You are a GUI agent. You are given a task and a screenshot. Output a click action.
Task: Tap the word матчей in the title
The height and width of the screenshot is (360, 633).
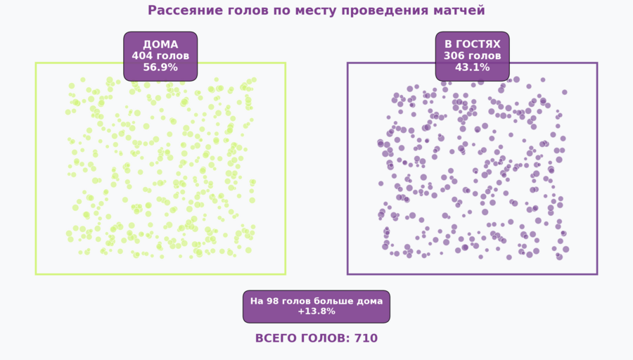click(460, 11)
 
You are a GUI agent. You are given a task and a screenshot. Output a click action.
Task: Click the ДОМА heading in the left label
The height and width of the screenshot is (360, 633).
click(160, 44)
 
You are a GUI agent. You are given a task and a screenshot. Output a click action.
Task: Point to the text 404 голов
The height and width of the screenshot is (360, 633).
click(160, 56)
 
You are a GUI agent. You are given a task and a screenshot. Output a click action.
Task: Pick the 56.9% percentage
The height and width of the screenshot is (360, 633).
click(160, 68)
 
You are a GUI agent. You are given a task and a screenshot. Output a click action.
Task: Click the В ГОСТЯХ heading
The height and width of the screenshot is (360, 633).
click(472, 44)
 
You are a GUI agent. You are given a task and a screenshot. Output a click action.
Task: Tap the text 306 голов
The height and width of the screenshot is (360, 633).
click(472, 56)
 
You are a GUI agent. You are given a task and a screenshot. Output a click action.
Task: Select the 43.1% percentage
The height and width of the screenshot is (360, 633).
click(472, 68)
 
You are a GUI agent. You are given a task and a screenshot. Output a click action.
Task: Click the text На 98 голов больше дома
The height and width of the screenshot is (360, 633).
click(316, 301)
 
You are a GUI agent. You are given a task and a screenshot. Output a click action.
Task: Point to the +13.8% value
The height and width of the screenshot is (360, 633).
click(316, 311)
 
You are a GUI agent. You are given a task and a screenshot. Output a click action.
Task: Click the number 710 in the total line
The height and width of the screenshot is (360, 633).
click(366, 338)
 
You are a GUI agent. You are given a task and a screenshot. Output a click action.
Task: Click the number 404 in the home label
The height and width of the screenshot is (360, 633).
click(142, 56)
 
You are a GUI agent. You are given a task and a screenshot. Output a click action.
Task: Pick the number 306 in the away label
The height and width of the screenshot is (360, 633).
click(454, 56)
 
